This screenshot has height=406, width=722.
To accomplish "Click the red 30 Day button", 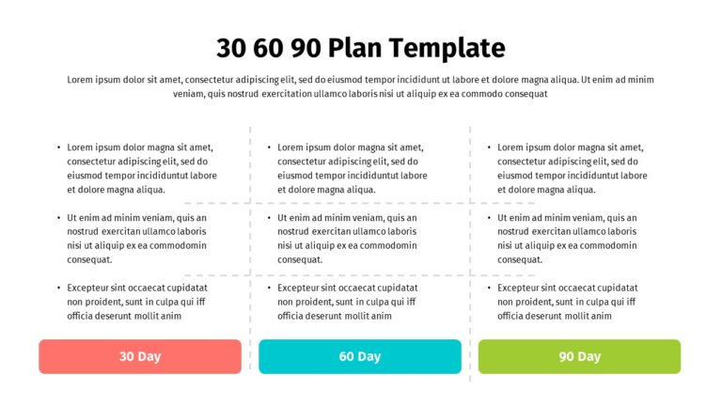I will pyautogui.click(x=140, y=357).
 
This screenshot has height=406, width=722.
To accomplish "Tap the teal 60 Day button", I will pyautogui.click(x=360, y=357).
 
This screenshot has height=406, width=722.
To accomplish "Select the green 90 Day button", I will pyautogui.click(x=579, y=357).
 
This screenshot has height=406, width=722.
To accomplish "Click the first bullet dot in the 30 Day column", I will pyautogui.click(x=59, y=148).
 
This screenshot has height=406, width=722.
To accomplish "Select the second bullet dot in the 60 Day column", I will pyautogui.click(x=270, y=218).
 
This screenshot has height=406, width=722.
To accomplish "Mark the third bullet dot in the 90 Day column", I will pyautogui.click(x=490, y=288).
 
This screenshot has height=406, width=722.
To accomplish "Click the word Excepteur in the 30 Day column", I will pyautogui.click(x=90, y=288).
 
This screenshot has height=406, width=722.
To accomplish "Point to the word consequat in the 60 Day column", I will pyautogui.click(x=300, y=259).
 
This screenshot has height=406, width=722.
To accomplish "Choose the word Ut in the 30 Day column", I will pyautogui.click(x=72, y=218).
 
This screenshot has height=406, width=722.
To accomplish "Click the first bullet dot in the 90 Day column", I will pyautogui.click(x=490, y=148).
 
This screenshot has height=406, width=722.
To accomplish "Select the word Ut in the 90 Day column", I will pyautogui.click(x=503, y=218).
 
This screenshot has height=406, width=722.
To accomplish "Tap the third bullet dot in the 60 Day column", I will pyautogui.click(x=270, y=288).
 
